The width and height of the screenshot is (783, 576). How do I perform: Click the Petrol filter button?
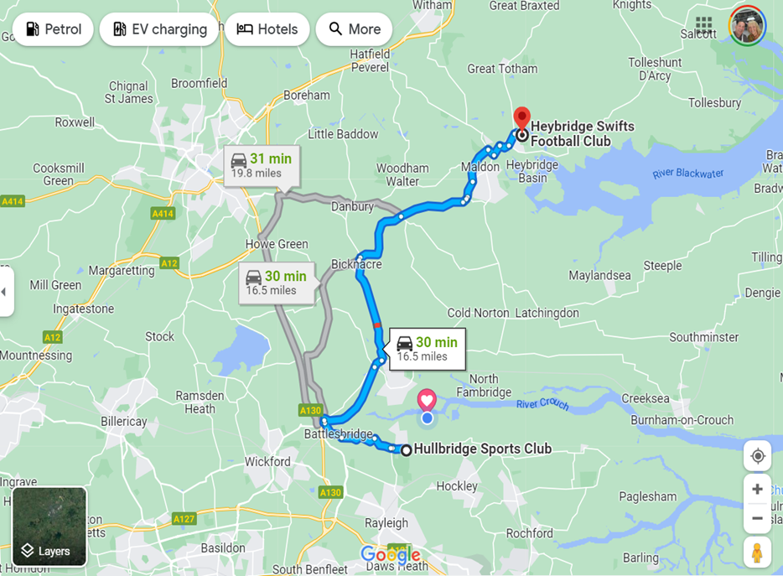click(x=53, y=29)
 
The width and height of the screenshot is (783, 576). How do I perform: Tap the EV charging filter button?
click(x=159, y=29)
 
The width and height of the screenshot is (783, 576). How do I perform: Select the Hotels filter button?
click(x=267, y=29)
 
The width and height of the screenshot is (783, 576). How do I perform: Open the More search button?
click(x=354, y=29)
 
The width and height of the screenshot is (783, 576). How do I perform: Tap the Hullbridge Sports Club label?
click(x=482, y=449)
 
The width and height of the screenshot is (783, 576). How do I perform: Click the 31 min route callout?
click(x=262, y=165)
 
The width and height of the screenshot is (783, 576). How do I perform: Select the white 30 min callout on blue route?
click(x=426, y=348)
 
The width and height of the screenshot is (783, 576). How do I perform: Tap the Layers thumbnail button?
click(x=49, y=527)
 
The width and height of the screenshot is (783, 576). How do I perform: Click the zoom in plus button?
click(x=757, y=489)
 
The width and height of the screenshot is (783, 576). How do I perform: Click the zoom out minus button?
click(x=757, y=518)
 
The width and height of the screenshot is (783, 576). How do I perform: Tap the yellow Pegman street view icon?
click(x=757, y=553)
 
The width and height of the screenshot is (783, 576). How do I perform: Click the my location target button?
click(x=757, y=456)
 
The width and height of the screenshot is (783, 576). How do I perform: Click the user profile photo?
click(x=747, y=25)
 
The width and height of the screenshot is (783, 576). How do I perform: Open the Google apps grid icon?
click(x=703, y=25)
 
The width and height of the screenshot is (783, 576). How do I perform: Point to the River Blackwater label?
click(x=687, y=174)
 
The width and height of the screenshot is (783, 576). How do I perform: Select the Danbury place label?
click(x=352, y=206)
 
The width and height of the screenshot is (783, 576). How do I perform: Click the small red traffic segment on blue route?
click(x=377, y=324)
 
